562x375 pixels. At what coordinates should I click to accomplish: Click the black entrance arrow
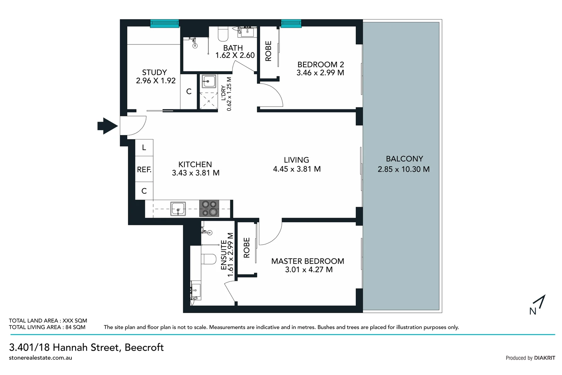tap(107, 126)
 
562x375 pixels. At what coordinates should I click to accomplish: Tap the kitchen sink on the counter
tap(178, 209)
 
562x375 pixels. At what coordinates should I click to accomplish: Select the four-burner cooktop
tap(209, 208)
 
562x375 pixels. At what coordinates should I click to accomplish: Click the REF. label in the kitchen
tap(144, 169)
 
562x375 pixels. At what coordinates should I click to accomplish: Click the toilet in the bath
tap(223, 34)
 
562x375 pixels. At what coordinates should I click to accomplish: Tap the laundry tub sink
tap(208, 82)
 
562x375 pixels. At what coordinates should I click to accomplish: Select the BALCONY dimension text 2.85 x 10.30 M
tap(404, 169)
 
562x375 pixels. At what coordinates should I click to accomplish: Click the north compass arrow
tap(540, 302)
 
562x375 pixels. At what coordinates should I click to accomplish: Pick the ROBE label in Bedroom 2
tap(268, 51)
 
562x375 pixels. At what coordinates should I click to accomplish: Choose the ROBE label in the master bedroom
tap(247, 248)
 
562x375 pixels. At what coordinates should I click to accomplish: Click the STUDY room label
tap(154, 72)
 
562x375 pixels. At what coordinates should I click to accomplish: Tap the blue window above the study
tap(164, 23)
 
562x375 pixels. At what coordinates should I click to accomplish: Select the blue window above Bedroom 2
tap(291, 23)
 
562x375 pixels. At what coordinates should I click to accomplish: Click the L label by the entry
tap(144, 148)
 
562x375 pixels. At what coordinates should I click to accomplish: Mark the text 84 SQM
tap(75, 327)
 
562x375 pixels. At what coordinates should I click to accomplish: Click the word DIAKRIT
tap(544, 358)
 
